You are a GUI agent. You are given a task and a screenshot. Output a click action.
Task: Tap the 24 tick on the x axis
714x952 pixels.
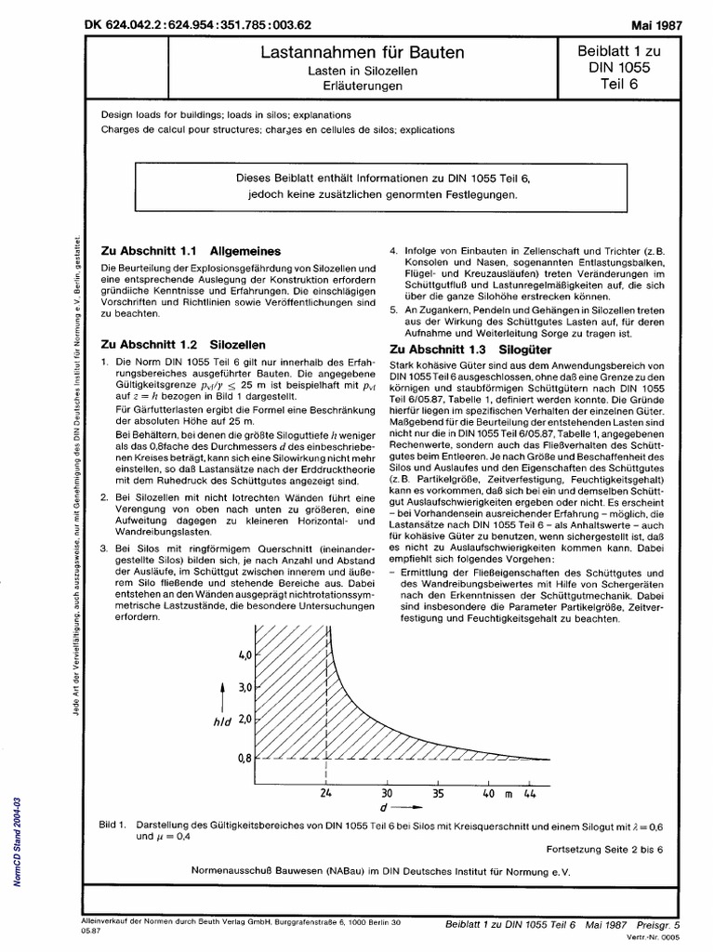coord(326,793)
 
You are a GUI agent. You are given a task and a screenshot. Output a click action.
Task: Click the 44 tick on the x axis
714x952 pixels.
coord(530,793)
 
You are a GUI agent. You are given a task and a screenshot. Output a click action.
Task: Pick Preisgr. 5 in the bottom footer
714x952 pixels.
coord(659,925)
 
